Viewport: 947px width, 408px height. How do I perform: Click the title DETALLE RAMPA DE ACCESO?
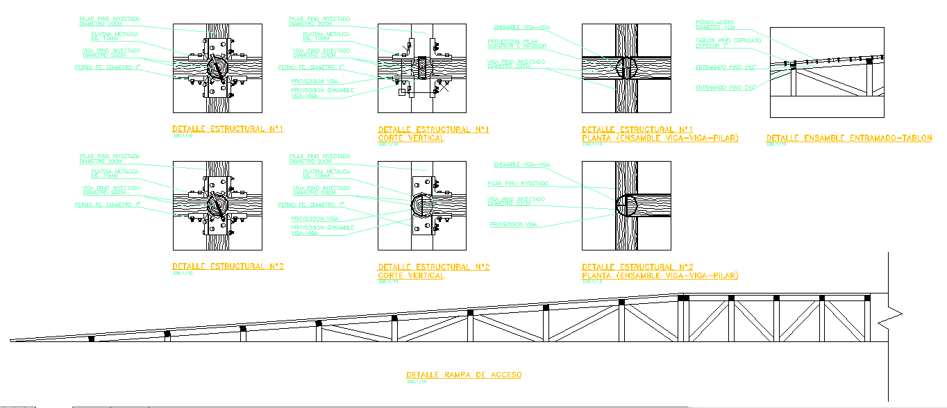(464, 375)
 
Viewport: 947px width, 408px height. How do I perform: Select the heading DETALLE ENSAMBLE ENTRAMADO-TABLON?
(848, 138)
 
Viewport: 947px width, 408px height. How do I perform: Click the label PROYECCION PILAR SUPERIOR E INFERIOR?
(517, 44)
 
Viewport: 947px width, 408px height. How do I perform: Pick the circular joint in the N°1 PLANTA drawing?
(626, 68)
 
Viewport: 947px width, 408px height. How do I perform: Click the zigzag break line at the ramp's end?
(888, 316)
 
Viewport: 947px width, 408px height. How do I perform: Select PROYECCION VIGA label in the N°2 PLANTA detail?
(513, 224)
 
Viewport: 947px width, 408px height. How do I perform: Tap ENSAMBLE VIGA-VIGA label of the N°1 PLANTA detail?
(521, 27)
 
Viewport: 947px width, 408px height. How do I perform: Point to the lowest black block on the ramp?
(92, 339)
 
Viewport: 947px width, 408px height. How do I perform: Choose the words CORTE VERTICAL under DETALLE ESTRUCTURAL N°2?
(410, 275)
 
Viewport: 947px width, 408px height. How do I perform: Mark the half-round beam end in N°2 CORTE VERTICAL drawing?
(421, 205)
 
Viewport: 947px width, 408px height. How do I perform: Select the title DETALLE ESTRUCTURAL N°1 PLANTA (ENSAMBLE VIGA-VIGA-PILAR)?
(660, 134)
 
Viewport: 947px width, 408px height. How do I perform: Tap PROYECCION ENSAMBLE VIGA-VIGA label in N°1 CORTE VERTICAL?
(322, 92)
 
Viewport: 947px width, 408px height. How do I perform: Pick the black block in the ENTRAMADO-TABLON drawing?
(869, 61)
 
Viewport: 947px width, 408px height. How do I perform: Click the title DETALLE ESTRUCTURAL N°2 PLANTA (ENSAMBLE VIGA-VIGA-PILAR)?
(660, 271)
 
